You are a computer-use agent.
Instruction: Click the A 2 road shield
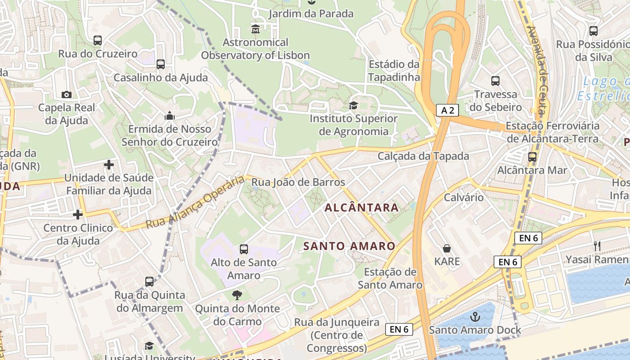(447, 110)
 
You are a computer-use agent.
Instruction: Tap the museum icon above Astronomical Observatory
(256, 29)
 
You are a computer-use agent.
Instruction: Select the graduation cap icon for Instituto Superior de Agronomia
(353, 105)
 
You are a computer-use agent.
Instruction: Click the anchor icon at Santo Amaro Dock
(475, 317)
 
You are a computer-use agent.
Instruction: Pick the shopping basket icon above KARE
(447, 248)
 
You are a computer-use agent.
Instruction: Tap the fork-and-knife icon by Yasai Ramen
(597, 246)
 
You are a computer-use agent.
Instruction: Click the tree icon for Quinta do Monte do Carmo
(237, 295)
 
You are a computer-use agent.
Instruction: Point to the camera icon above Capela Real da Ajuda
(67, 94)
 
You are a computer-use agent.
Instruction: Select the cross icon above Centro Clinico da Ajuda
(78, 215)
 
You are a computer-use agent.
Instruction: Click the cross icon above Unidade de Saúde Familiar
(109, 165)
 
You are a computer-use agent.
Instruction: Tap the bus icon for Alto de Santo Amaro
(244, 249)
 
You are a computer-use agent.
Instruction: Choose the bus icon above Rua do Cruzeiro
(98, 40)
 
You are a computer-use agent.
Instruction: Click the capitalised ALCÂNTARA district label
(361, 207)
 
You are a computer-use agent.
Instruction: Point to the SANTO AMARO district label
(349, 246)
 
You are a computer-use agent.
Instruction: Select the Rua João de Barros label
(298, 182)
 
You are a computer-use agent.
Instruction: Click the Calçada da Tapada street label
(423, 156)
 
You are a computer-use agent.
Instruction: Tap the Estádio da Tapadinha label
(394, 71)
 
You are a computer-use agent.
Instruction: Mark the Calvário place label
(463, 197)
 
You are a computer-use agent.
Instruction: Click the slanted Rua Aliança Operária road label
(195, 202)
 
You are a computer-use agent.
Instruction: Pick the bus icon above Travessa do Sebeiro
(495, 81)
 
